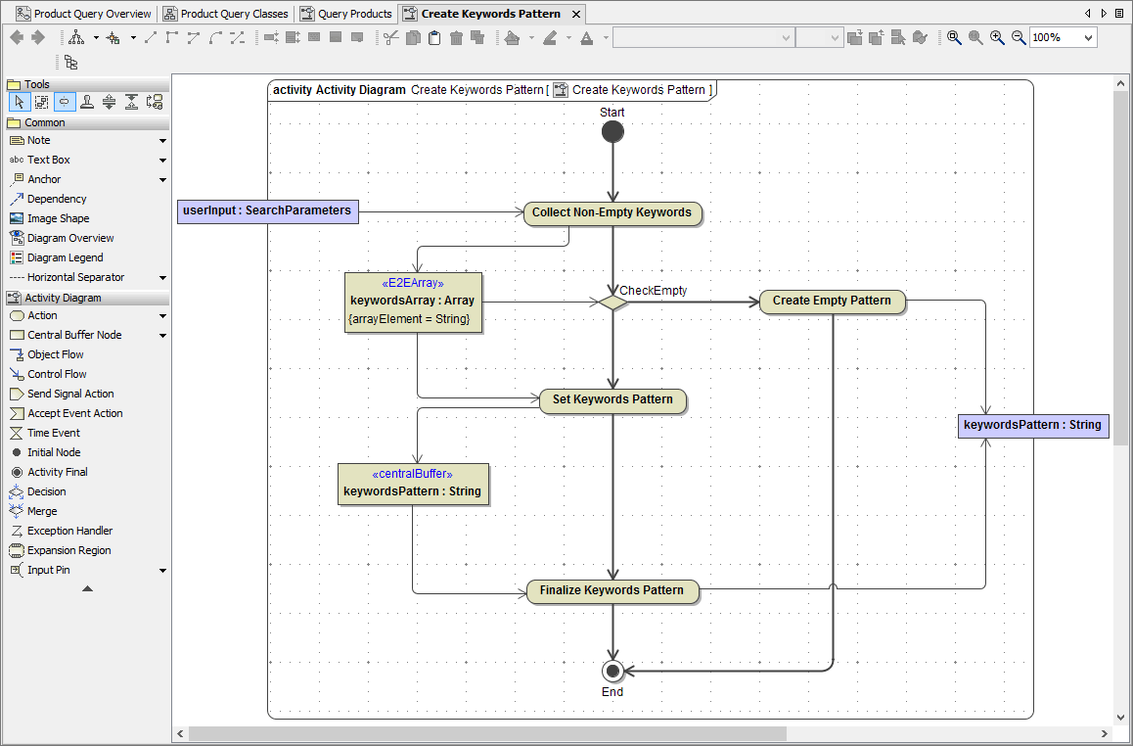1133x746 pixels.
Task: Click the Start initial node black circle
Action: pyautogui.click(x=612, y=132)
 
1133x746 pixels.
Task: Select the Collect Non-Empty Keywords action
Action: pyautogui.click(x=612, y=212)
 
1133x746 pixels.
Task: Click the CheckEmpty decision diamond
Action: pyautogui.click(x=612, y=303)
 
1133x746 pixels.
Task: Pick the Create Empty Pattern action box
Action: pyautogui.click(x=832, y=301)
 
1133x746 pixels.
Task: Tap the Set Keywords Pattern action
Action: pyautogui.click(x=612, y=399)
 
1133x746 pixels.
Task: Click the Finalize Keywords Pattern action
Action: pyautogui.click(x=612, y=590)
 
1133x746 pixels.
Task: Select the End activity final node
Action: pyautogui.click(x=612, y=671)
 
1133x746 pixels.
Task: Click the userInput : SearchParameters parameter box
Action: pyautogui.click(x=268, y=210)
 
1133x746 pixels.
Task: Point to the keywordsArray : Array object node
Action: pyautogui.click(x=413, y=302)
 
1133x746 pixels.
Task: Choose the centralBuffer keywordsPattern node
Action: pyautogui.click(x=413, y=484)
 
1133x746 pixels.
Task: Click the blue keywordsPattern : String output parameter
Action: pyautogui.click(x=1032, y=425)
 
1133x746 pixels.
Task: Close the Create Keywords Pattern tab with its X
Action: pyautogui.click(x=576, y=14)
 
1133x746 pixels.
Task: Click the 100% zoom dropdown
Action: pyautogui.click(x=1062, y=37)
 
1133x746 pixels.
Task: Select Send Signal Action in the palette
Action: pyautogui.click(x=70, y=394)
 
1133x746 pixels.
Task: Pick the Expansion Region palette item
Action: pyautogui.click(x=68, y=550)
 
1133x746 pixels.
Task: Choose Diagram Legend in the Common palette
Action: pyautogui.click(x=65, y=257)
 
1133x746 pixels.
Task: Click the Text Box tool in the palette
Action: pyautogui.click(x=48, y=160)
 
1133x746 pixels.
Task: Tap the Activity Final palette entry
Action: pyautogui.click(x=57, y=472)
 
